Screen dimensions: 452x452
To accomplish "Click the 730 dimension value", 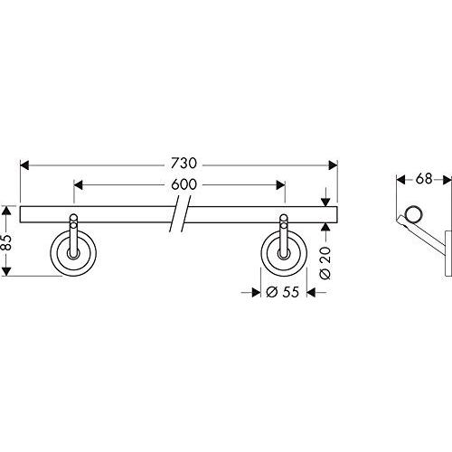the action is pos(184,164).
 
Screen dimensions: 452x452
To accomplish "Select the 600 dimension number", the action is pos(184,184).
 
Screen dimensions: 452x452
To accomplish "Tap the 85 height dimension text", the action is pos(6,242).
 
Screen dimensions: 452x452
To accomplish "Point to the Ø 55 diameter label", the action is pos(283,292).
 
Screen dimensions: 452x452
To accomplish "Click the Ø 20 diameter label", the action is pos(325,263).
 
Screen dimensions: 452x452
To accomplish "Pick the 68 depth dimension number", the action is pos(424,179).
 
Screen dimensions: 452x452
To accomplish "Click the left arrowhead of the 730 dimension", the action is pos(24,165).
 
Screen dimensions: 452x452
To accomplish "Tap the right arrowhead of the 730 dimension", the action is pos(333,165).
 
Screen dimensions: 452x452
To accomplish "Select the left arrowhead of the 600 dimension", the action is pos(78,185).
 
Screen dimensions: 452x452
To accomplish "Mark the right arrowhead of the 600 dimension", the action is pos(281,185).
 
